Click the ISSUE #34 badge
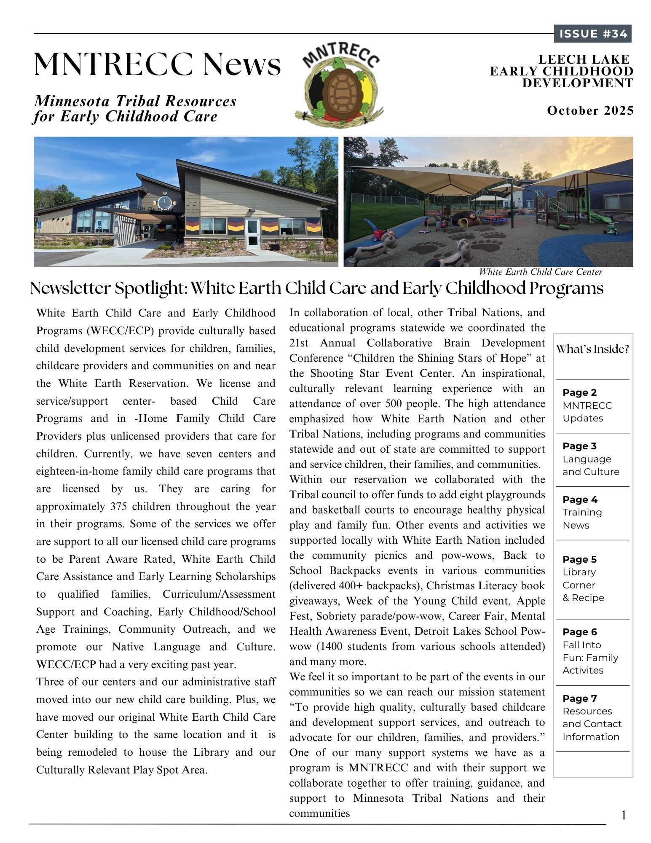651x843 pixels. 592,34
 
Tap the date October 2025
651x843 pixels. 590,110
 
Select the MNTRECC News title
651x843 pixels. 157,64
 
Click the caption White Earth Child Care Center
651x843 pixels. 541,272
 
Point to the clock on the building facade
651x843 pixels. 164,202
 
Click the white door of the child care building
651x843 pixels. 253,232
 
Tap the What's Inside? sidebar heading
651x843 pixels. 592,349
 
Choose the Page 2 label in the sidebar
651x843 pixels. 579,392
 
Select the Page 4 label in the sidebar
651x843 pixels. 580,499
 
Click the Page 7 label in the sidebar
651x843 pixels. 580,698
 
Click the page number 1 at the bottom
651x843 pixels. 624,815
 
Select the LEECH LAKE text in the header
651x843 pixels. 584,59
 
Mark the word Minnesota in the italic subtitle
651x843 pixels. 72,101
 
